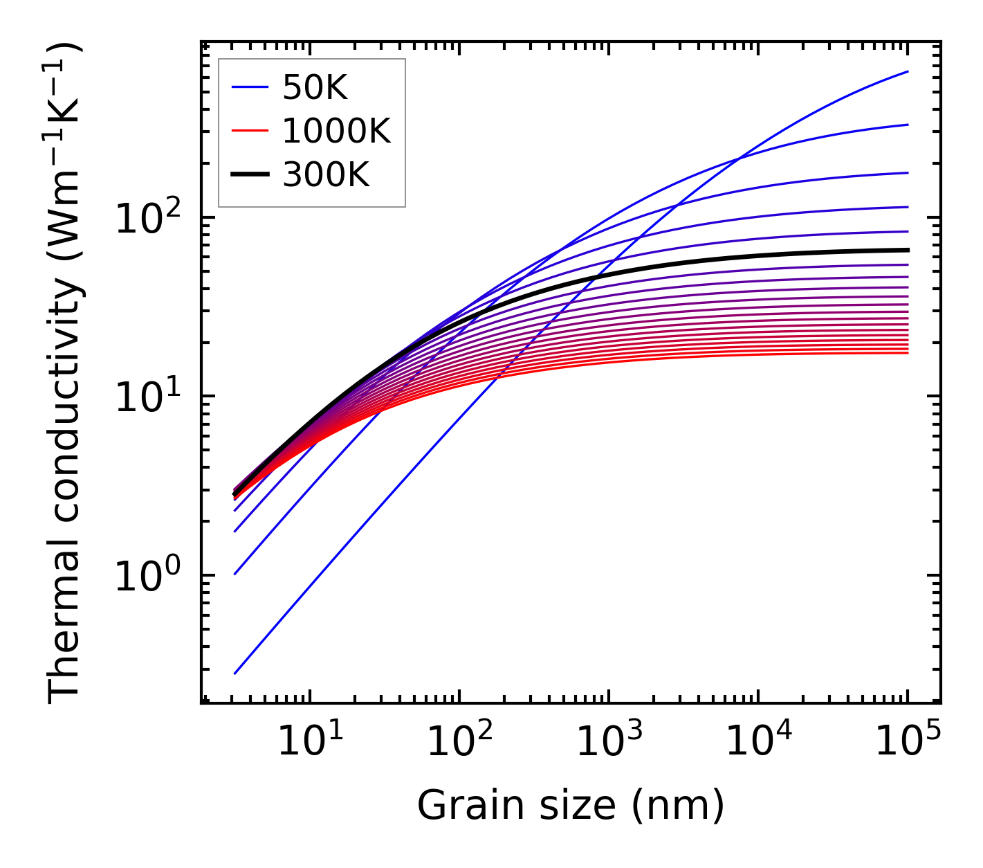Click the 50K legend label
tap(315, 88)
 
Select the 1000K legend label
tap(336, 131)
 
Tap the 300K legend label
tap(326, 174)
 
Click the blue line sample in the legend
tap(249, 87)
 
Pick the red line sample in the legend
tap(249, 130)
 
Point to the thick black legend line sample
tap(249, 174)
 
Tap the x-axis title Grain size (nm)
tap(571, 805)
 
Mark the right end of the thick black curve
tap(908, 250)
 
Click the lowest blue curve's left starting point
tap(235, 673)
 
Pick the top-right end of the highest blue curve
tap(908, 71)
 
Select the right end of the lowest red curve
tap(908, 353)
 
